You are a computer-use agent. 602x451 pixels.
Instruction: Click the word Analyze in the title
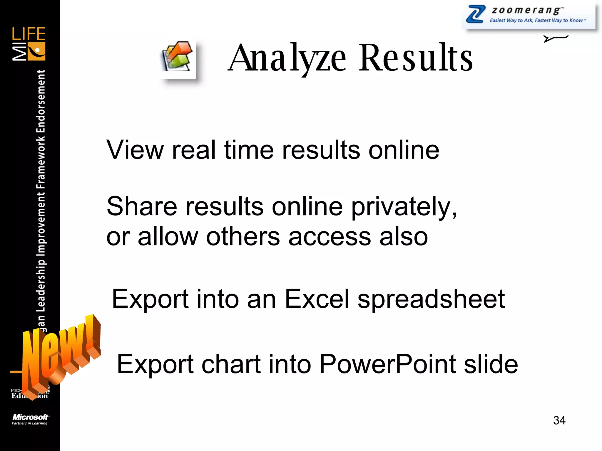tap(287, 58)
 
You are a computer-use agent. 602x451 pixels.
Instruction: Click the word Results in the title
tap(416, 58)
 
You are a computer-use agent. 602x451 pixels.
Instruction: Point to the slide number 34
tap(559, 420)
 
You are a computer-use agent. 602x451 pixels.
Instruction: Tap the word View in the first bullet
tap(135, 150)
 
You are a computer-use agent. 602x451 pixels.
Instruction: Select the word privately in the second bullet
tap(404, 207)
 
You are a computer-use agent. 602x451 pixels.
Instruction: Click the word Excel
tap(317, 299)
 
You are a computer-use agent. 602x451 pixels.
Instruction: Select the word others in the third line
tap(243, 237)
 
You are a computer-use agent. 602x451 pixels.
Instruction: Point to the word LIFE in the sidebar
tap(29, 34)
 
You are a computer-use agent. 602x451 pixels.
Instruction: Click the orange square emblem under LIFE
tap(36, 51)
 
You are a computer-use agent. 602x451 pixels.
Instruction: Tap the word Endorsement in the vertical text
tap(41, 101)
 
